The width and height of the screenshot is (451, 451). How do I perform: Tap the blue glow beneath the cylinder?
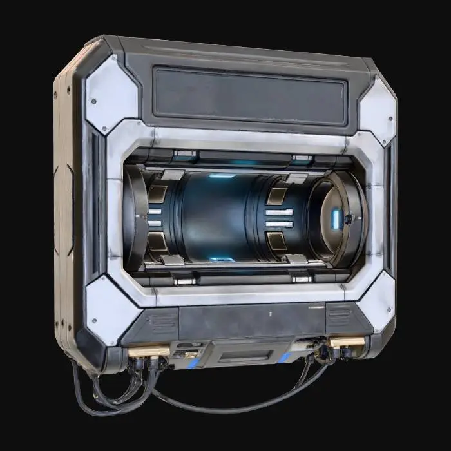(x=221, y=259)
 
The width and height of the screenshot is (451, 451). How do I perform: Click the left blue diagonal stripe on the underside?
(x=193, y=363)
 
